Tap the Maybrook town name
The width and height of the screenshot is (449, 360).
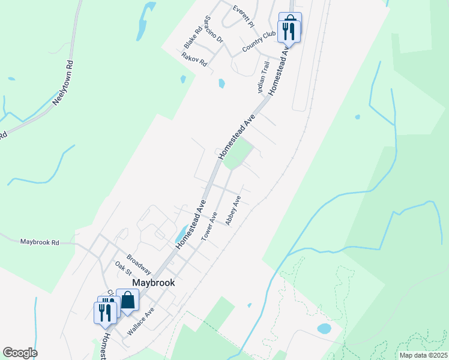click(x=152, y=281)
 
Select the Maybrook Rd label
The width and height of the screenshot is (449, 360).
click(x=40, y=242)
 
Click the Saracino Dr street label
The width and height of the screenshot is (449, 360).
click(x=213, y=29)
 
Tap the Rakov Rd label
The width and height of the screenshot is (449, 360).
click(x=194, y=59)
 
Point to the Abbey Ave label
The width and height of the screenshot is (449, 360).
click(x=233, y=211)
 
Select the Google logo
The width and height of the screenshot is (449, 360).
click(x=20, y=353)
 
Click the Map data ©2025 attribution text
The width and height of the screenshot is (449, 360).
click(x=423, y=355)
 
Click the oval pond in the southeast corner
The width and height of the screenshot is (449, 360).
click(x=324, y=328)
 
